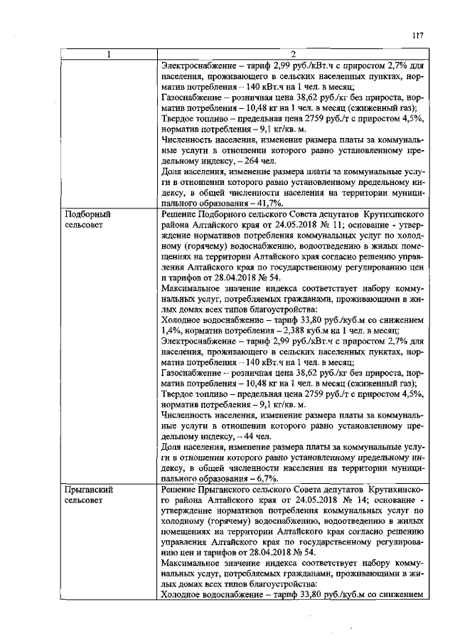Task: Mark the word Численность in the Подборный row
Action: click(x=190, y=413)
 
